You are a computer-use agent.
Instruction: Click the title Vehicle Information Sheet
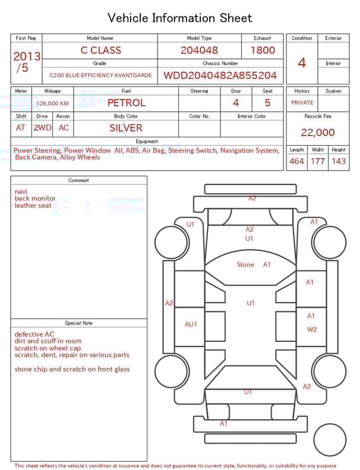tap(180, 18)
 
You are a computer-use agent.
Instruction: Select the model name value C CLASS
tap(101, 50)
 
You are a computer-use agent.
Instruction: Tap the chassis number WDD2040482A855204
tap(220, 75)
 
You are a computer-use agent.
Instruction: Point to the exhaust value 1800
tap(263, 50)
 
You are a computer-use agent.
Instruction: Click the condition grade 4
tap(301, 62)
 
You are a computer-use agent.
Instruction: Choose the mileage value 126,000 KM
tap(52, 104)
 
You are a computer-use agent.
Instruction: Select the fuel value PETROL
tap(126, 103)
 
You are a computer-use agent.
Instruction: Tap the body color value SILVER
tap(126, 128)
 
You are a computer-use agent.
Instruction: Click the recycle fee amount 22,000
tap(318, 133)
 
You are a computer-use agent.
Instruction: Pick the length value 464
tap(296, 162)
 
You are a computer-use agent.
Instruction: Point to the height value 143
tap(339, 162)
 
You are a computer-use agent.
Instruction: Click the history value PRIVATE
tap(302, 103)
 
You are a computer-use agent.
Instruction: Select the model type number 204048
tap(199, 50)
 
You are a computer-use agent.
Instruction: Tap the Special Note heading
tap(79, 323)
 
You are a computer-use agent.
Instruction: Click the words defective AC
tap(34, 334)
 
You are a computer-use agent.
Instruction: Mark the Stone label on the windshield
tap(245, 265)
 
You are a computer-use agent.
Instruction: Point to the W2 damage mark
tap(312, 329)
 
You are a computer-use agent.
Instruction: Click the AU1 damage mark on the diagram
tap(191, 324)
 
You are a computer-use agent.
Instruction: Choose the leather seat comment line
tap(33, 206)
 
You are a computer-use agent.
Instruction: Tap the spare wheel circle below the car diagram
tap(330, 440)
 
